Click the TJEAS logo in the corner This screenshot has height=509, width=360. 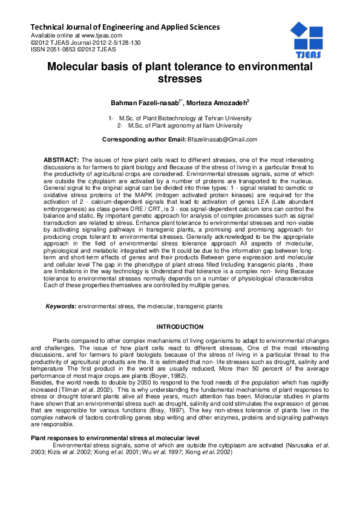click(306, 39)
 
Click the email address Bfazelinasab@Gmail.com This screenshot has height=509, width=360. click(223, 140)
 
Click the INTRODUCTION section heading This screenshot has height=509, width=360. click(180, 327)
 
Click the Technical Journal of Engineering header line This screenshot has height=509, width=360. click(125, 27)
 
